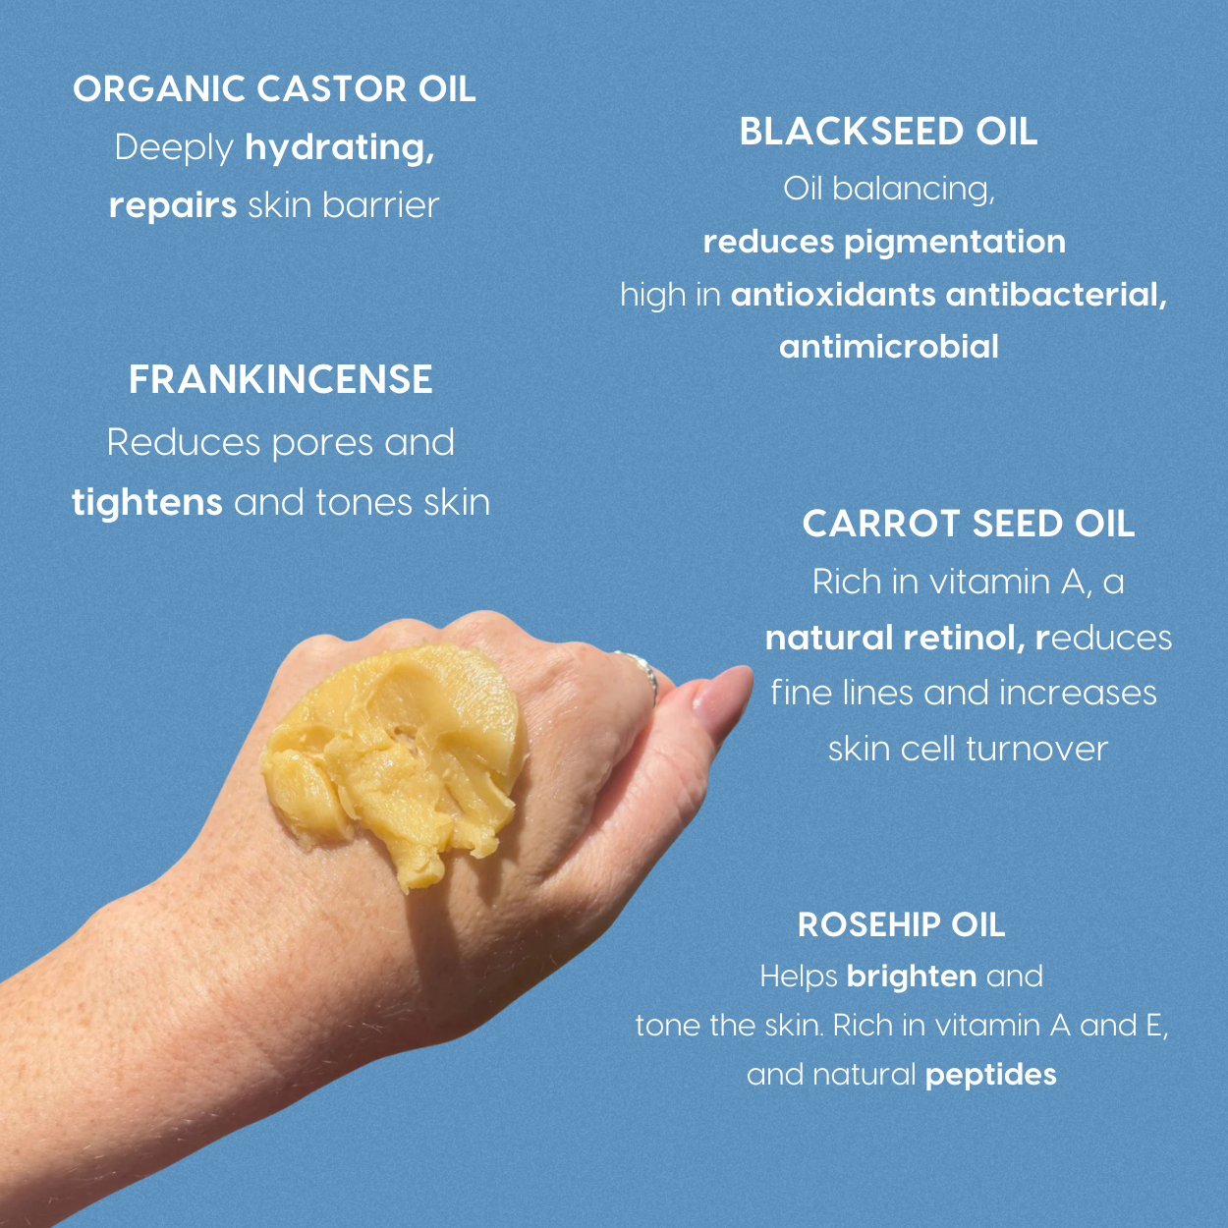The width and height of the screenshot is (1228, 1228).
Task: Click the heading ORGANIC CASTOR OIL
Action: pyautogui.click(x=274, y=89)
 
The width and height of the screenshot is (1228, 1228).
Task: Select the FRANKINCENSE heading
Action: pyautogui.click(x=280, y=380)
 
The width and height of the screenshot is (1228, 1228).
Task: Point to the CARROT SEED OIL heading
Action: pyautogui.click(x=968, y=524)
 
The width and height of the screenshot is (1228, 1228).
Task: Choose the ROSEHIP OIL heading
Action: pyautogui.click(x=901, y=924)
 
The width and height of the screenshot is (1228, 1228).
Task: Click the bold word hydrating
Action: pyautogui.click(x=339, y=148)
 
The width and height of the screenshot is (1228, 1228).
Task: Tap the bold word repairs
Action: pyautogui.click(x=173, y=205)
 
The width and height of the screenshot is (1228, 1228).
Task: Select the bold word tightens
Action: pyautogui.click(x=147, y=502)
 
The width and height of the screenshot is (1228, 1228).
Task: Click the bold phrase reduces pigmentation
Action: pyautogui.click(x=884, y=242)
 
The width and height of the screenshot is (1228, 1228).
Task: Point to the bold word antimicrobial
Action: pyautogui.click(x=888, y=347)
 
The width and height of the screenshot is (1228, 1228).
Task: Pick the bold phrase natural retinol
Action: pyautogui.click(x=895, y=639)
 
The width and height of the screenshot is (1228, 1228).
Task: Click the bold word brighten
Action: pyautogui.click(x=911, y=977)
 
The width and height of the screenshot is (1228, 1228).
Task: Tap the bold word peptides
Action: pyautogui.click(x=990, y=1075)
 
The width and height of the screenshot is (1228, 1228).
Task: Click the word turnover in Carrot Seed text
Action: pyautogui.click(x=1036, y=749)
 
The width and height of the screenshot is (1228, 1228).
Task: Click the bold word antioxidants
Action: pyautogui.click(x=832, y=295)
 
